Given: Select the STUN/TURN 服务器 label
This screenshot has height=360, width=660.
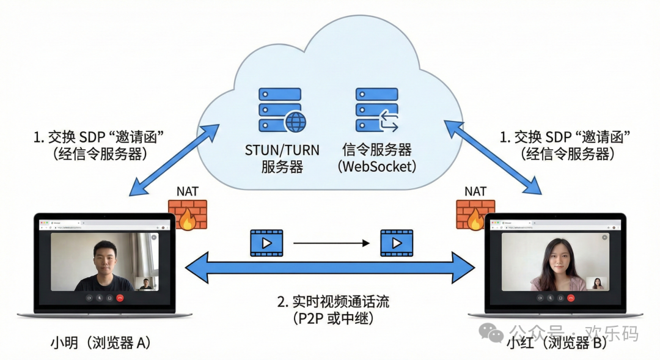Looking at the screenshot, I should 282,158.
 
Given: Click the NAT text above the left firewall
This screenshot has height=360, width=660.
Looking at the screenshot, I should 188,191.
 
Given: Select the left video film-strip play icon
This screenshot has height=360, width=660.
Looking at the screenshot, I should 266,243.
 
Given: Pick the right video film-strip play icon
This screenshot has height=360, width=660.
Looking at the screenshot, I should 397,243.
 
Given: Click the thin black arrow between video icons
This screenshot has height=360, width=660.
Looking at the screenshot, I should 331,243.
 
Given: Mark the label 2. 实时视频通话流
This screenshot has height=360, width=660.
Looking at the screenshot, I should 333,301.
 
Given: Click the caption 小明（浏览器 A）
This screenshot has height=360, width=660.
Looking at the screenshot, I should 100,343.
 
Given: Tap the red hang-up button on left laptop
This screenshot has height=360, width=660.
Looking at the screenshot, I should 120,298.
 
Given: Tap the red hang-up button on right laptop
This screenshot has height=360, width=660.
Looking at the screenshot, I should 570,298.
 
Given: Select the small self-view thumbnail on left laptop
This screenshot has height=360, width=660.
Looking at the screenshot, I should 146,283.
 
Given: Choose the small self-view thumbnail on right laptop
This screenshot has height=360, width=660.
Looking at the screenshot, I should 597,283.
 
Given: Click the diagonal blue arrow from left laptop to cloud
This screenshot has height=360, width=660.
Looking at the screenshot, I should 175,160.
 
